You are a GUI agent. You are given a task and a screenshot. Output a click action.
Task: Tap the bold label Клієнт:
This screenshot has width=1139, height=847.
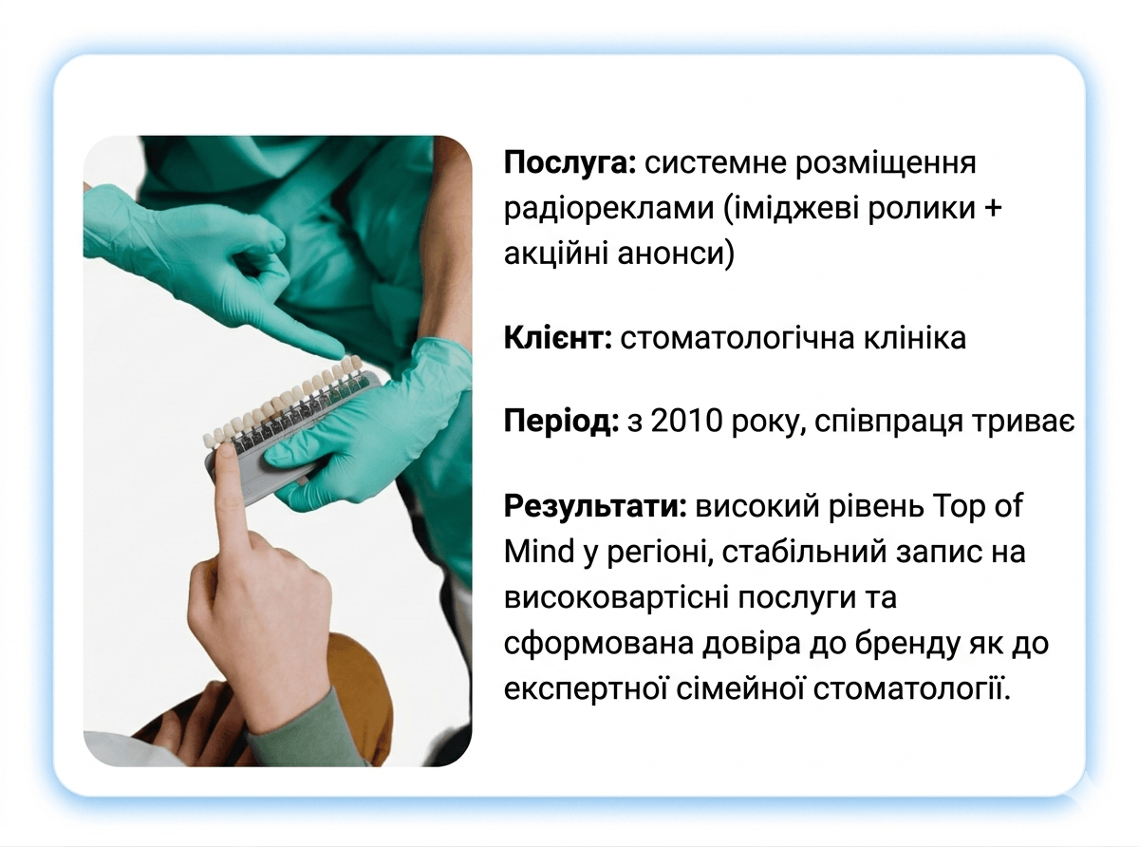pyautogui.click(x=557, y=339)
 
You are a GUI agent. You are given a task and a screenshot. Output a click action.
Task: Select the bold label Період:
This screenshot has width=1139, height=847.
pyautogui.click(x=561, y=422)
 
